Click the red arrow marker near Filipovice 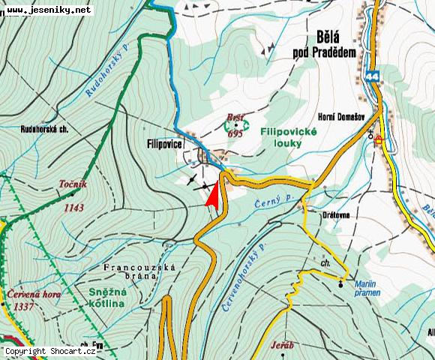(x=213, y=194)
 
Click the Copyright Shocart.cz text (x=49, y=351)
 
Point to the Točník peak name (x=73, y=184)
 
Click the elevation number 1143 (x=73, y=208)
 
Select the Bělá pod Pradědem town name (x=324, y=44)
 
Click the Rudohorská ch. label (x=45, y=129)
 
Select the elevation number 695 (x=235, y=133)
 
